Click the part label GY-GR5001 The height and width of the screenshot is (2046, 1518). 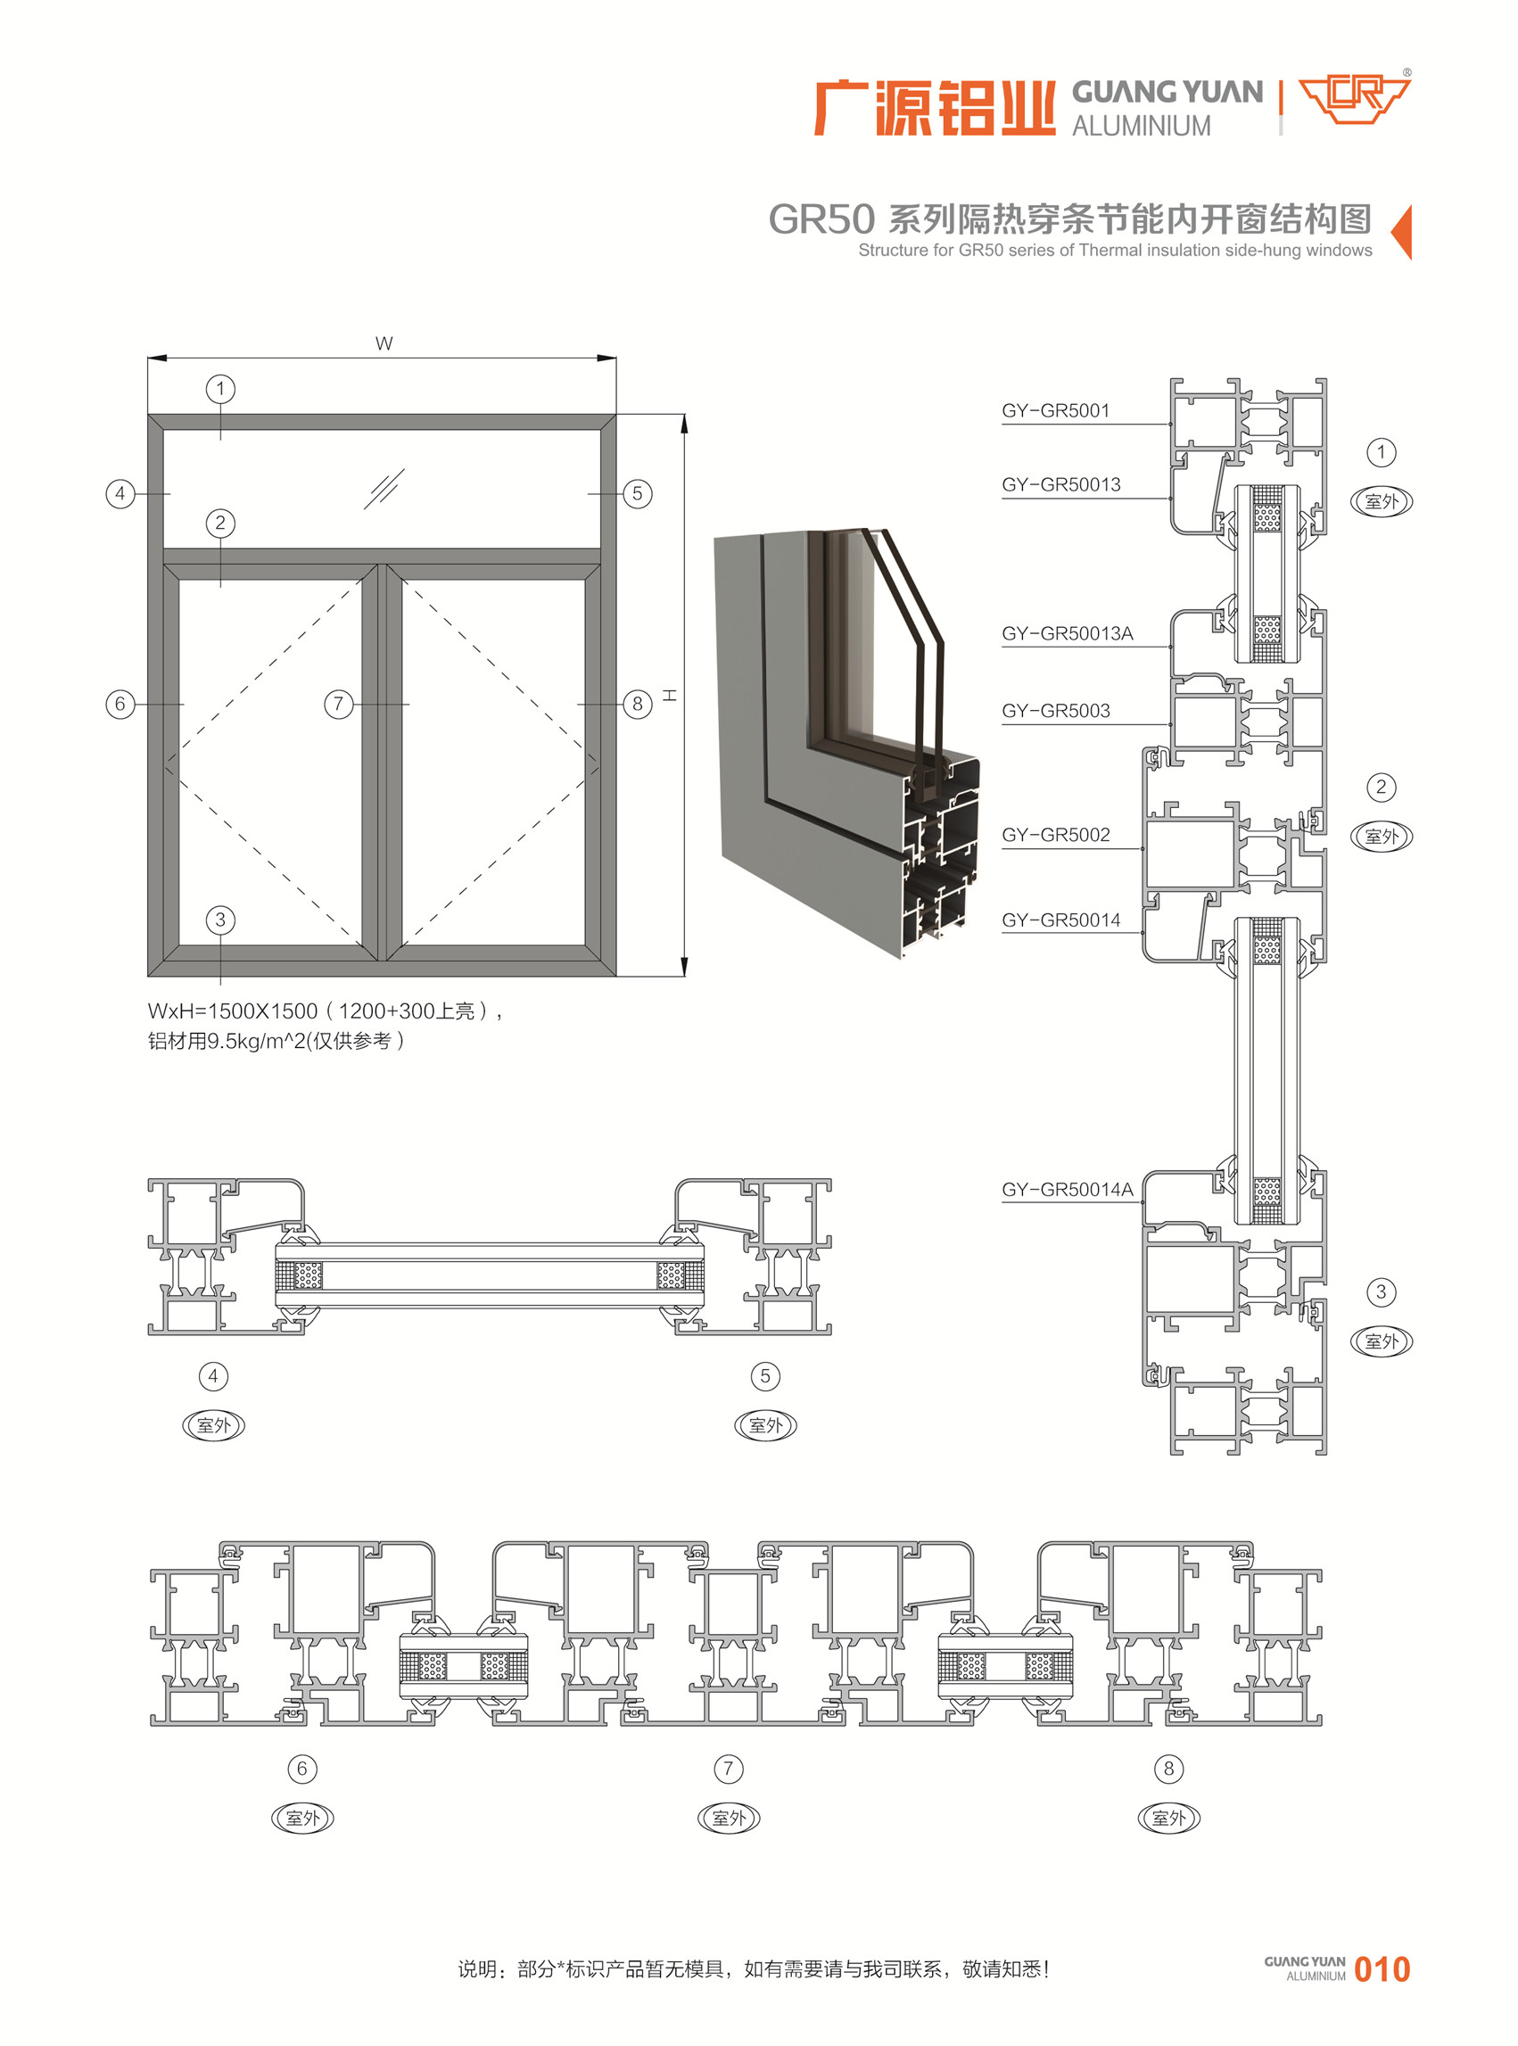(x=1056, y=410)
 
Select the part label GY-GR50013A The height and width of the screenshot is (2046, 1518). (x=1068, y=633)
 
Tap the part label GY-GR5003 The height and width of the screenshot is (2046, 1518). (x=1056, y=710)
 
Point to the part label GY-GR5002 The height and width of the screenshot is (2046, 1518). (x=1056, y=834)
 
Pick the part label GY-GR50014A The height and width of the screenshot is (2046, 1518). (x=1068, y=1189)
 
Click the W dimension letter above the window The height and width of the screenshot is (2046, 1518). (x=384, y=343)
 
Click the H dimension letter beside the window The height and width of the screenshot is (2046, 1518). (x=670, y=695)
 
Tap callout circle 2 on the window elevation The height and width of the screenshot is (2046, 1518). (x=220, y=523)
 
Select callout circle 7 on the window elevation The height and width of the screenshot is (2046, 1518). (x=339, y=704)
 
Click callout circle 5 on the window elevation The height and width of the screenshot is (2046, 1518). (x=638, y=493)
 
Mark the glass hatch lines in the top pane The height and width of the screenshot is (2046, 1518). (x=384, y=489)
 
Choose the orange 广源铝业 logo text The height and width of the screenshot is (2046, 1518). (x=935, y=109)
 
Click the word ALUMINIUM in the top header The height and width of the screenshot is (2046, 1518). (x=1142, y=126)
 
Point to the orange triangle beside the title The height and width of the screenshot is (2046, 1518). (x=1402, y=233)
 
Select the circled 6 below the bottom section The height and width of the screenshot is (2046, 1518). (x=302, y=1769)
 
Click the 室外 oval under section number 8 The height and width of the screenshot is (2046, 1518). (x=1168, y=1818)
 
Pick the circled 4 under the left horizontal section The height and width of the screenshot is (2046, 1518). (x=214, y=1375)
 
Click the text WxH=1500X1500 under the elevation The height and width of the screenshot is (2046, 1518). (x=233, y=1011)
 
